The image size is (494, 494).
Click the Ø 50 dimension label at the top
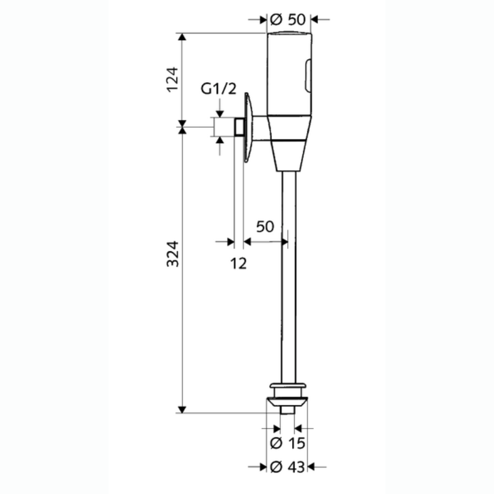coord(288,20)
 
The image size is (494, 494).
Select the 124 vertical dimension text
coord(172,80)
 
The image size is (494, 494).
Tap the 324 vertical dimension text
coord(172,254)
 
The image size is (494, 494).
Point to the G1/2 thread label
coord(219,89)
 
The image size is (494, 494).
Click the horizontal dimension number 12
coord(238,264)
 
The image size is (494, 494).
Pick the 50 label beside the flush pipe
coord(265,227)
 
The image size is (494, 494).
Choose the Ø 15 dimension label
coord(288,443)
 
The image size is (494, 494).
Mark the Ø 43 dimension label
coord(288,467)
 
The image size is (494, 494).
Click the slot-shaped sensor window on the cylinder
coord(308,75)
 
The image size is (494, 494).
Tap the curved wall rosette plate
coord(248,127)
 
